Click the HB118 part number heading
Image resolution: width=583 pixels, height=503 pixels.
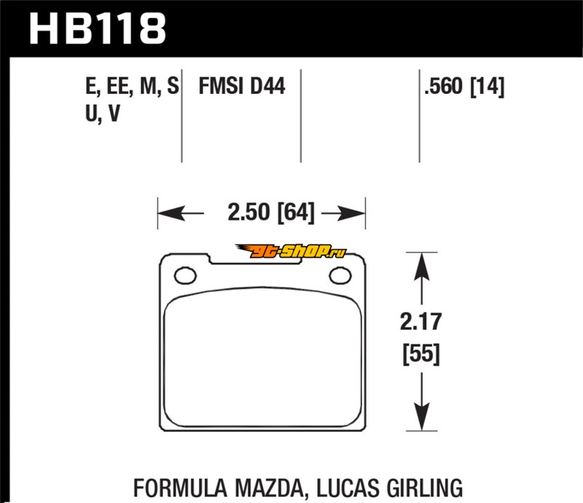(x=98, y=28)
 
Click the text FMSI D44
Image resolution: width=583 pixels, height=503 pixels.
(x=242, y=86)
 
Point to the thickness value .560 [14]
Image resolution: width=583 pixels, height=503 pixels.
(x=464, y=87)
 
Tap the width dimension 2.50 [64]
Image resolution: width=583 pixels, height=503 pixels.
(x=271, y=212)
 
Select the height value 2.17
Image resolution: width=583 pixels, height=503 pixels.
(x=421, y=322)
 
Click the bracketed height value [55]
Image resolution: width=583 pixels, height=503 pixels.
(x=421, y=354)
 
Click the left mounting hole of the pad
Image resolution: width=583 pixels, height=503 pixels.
(x=185, y=276)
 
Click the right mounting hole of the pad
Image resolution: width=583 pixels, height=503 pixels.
(x=340, y=276)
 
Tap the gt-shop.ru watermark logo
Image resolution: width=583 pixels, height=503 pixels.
(x=290, y=251)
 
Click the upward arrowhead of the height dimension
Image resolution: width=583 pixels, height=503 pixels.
(x=422, y=266)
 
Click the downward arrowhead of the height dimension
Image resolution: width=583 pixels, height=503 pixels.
(x=422, y=416)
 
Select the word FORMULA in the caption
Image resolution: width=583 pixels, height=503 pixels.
(x=180, y=488)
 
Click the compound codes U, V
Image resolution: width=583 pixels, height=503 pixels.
(x=103, y=114)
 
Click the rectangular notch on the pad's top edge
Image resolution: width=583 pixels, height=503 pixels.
(x=255, y=260)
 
